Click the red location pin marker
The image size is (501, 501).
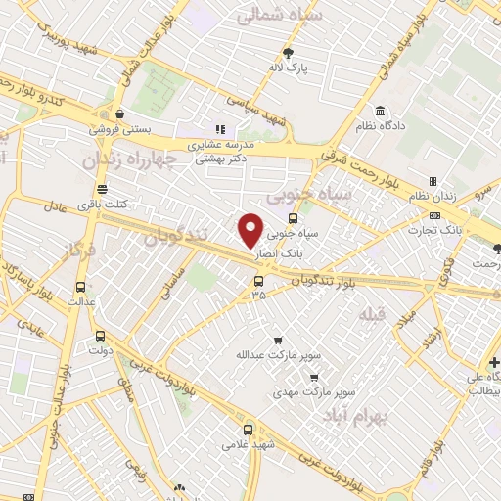(251, 229)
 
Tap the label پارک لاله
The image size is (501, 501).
(290, 68)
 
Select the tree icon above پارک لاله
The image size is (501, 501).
(288, 52)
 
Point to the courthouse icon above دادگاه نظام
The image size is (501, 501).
(379, 110)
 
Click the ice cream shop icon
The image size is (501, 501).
(118, 114)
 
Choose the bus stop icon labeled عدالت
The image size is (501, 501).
(80, 288)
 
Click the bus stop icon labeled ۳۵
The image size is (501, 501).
(258, 280)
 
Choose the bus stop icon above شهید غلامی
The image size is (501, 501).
(248, 429)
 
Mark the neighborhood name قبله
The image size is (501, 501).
(373, 314)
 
